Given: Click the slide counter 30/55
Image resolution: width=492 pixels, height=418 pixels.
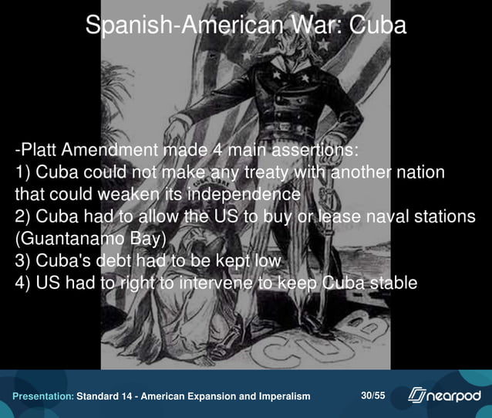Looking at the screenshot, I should (373, 396).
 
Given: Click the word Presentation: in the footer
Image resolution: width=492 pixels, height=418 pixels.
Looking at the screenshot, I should (42, 396).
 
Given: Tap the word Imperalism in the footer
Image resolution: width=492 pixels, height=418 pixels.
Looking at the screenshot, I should (282, 396).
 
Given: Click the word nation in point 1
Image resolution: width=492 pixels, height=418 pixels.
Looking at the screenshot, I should (420, 171).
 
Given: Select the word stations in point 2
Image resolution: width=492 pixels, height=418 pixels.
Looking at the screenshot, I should (447, 216).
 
